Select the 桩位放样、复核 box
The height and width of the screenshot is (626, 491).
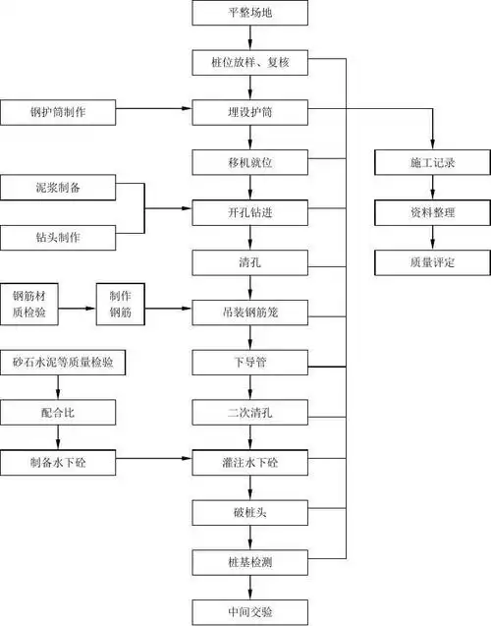pyautogui.click(x=252, y=64)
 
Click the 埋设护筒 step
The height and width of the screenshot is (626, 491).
pyautogui.click(x=252, y=112)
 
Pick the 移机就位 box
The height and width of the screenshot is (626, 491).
pyautogui.click(x=252, y=161)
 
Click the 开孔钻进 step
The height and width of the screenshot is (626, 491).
pyautogui.click(x=252, y=211)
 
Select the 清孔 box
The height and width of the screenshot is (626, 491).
pyautogui.click(x=252, y=261)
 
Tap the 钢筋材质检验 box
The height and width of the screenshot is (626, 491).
pyautogui.click(x=34, y=306)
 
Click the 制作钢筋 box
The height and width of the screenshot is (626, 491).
pyautogui.click(x=121, y=306)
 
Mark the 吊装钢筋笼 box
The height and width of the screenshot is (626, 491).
pyautogui.click(x=252, y=312)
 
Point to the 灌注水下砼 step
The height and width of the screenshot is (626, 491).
pyautogui.click(x=252, y=460)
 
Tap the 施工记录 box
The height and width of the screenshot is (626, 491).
pyautogui.click(x=432, y=161)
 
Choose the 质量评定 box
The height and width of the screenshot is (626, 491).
pyautogui.click(x=432, y=261)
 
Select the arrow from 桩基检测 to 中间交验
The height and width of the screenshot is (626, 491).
pyautogui.click(x=252, y=586)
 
